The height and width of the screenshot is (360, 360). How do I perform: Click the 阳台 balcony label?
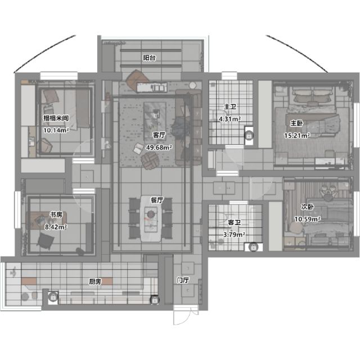tap(150, 57)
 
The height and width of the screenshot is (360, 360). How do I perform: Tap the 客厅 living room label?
tap(159, 135)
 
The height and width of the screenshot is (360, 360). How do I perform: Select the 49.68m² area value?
tap(159, 147)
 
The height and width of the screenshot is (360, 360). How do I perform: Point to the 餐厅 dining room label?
tap(157, 200)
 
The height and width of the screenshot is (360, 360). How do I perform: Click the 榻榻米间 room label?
tap(56, 118)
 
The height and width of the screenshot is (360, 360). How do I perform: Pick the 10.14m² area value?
tap(56, 130)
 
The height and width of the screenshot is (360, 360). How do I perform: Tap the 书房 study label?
tap(56, 215)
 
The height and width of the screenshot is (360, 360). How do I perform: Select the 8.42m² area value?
tap(56, 227)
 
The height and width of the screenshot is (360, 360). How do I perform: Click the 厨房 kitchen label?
tap(95, 281)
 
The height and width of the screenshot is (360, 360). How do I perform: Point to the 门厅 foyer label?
tap(183, 280)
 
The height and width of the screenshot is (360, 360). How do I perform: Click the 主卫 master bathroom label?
tap(230, 107)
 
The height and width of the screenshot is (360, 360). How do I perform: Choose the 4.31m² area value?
tap(230, 119)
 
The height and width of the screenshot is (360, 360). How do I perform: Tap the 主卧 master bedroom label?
tap(296, 123)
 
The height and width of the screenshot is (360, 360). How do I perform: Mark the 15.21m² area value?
tap(297, 136)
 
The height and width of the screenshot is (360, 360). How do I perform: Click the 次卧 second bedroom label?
tap(308, 207)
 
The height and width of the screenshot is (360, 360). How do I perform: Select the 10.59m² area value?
tap(308, 219)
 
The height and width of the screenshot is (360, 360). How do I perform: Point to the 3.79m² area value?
tap(234, 235)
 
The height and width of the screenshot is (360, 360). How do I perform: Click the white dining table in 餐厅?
tap(151, 219)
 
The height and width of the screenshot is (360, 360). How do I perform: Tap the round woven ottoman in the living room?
tap(150, 161)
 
